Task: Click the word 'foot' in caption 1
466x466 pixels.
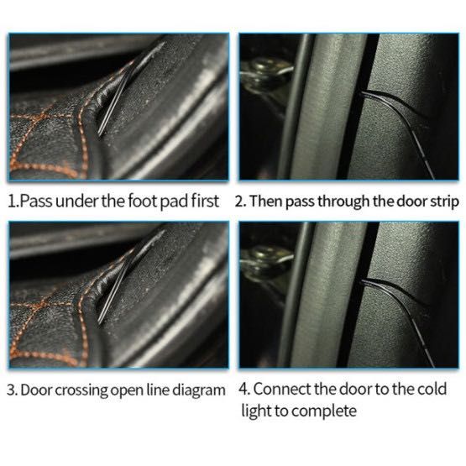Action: pyautogui.click(x=143, y=201)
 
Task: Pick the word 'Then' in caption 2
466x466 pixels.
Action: pyautogui.click(x=265, y=201)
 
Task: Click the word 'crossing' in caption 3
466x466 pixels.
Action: pyautogui.click(x=81, y=390)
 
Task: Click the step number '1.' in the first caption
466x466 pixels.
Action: pyautogui.click(x=13, y=202)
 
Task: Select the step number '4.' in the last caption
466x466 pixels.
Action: pyautogui.click(x=244, y=389)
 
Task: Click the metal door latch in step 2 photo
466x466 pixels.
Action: pyautogui.click(x=264, y=74)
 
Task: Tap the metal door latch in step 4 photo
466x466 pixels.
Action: pyautogui.click(x=264, y=261)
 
